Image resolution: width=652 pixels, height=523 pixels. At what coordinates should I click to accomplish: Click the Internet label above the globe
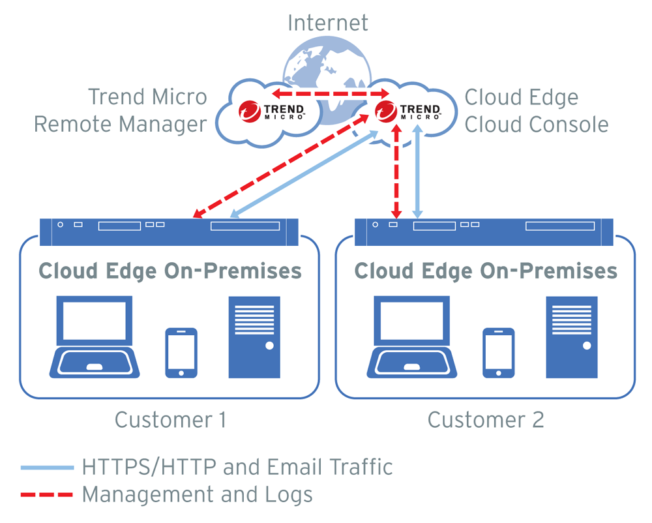point(327,23)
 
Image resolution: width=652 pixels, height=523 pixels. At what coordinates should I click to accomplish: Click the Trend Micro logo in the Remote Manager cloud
point(271,112)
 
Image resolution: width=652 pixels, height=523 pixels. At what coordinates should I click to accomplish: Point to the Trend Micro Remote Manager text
point(121,110)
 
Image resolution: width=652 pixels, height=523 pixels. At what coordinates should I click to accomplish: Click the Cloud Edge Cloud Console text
point(536,110)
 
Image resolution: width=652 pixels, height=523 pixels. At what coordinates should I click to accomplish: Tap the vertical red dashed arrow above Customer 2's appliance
point(395,170)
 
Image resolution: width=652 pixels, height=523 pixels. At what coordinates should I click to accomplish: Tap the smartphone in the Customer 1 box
point(181,352)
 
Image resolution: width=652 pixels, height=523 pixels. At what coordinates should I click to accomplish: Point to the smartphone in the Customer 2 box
point(498,352)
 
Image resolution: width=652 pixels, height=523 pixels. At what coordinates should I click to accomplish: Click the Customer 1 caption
point(170,419)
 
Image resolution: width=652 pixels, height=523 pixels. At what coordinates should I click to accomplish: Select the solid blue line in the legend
point(47,467)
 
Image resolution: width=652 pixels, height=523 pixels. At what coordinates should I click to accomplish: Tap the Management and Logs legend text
point(197,494)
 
